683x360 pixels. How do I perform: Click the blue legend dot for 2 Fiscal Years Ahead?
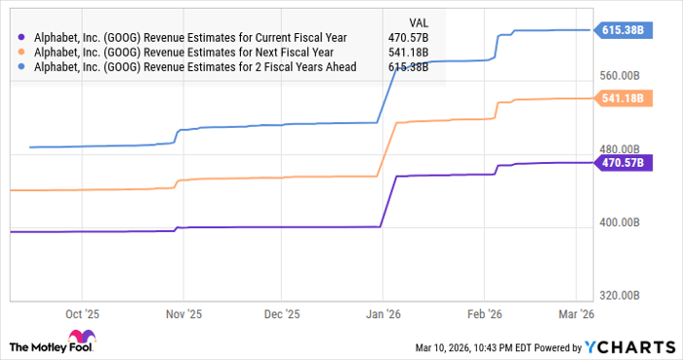tap(20, 66)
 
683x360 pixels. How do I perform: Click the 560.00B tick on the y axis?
tap(620, 76)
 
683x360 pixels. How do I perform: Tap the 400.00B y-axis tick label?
tap(620, 223)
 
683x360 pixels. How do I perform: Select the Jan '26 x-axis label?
tap(382, 315)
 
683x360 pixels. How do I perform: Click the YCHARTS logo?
tap(627, 347)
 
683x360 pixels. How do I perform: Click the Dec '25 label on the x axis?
tap(282, 315)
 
